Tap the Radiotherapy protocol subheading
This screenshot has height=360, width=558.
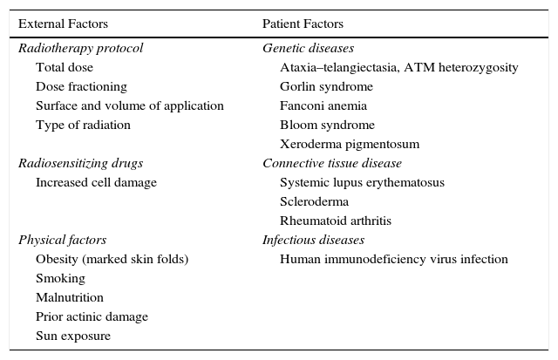(x=80, y=48)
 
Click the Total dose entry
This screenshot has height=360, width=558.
(x=65, y=67)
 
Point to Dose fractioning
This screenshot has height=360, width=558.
(x=81, y=86)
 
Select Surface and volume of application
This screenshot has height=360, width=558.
(x=130, y=105)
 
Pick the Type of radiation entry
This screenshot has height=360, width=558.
(x=83, y=125)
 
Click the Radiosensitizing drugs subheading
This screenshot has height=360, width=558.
(x=80, y=163)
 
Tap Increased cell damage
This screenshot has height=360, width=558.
(x=96, y=182)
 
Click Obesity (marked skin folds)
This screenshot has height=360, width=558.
(x=112, y=259)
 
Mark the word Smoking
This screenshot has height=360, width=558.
(x=60, y=278)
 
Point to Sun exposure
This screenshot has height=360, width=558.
(x=73, y=336)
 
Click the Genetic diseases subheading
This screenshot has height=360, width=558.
(x=308, y=48)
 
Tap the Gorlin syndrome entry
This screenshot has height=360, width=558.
(x=326, y=86)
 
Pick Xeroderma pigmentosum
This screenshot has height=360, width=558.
(x=350, y=144)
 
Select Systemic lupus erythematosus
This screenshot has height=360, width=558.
(x=362, y=182)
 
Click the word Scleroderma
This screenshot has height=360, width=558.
(x=314, y=201)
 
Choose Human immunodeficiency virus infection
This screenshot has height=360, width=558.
(x=393, y=259)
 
